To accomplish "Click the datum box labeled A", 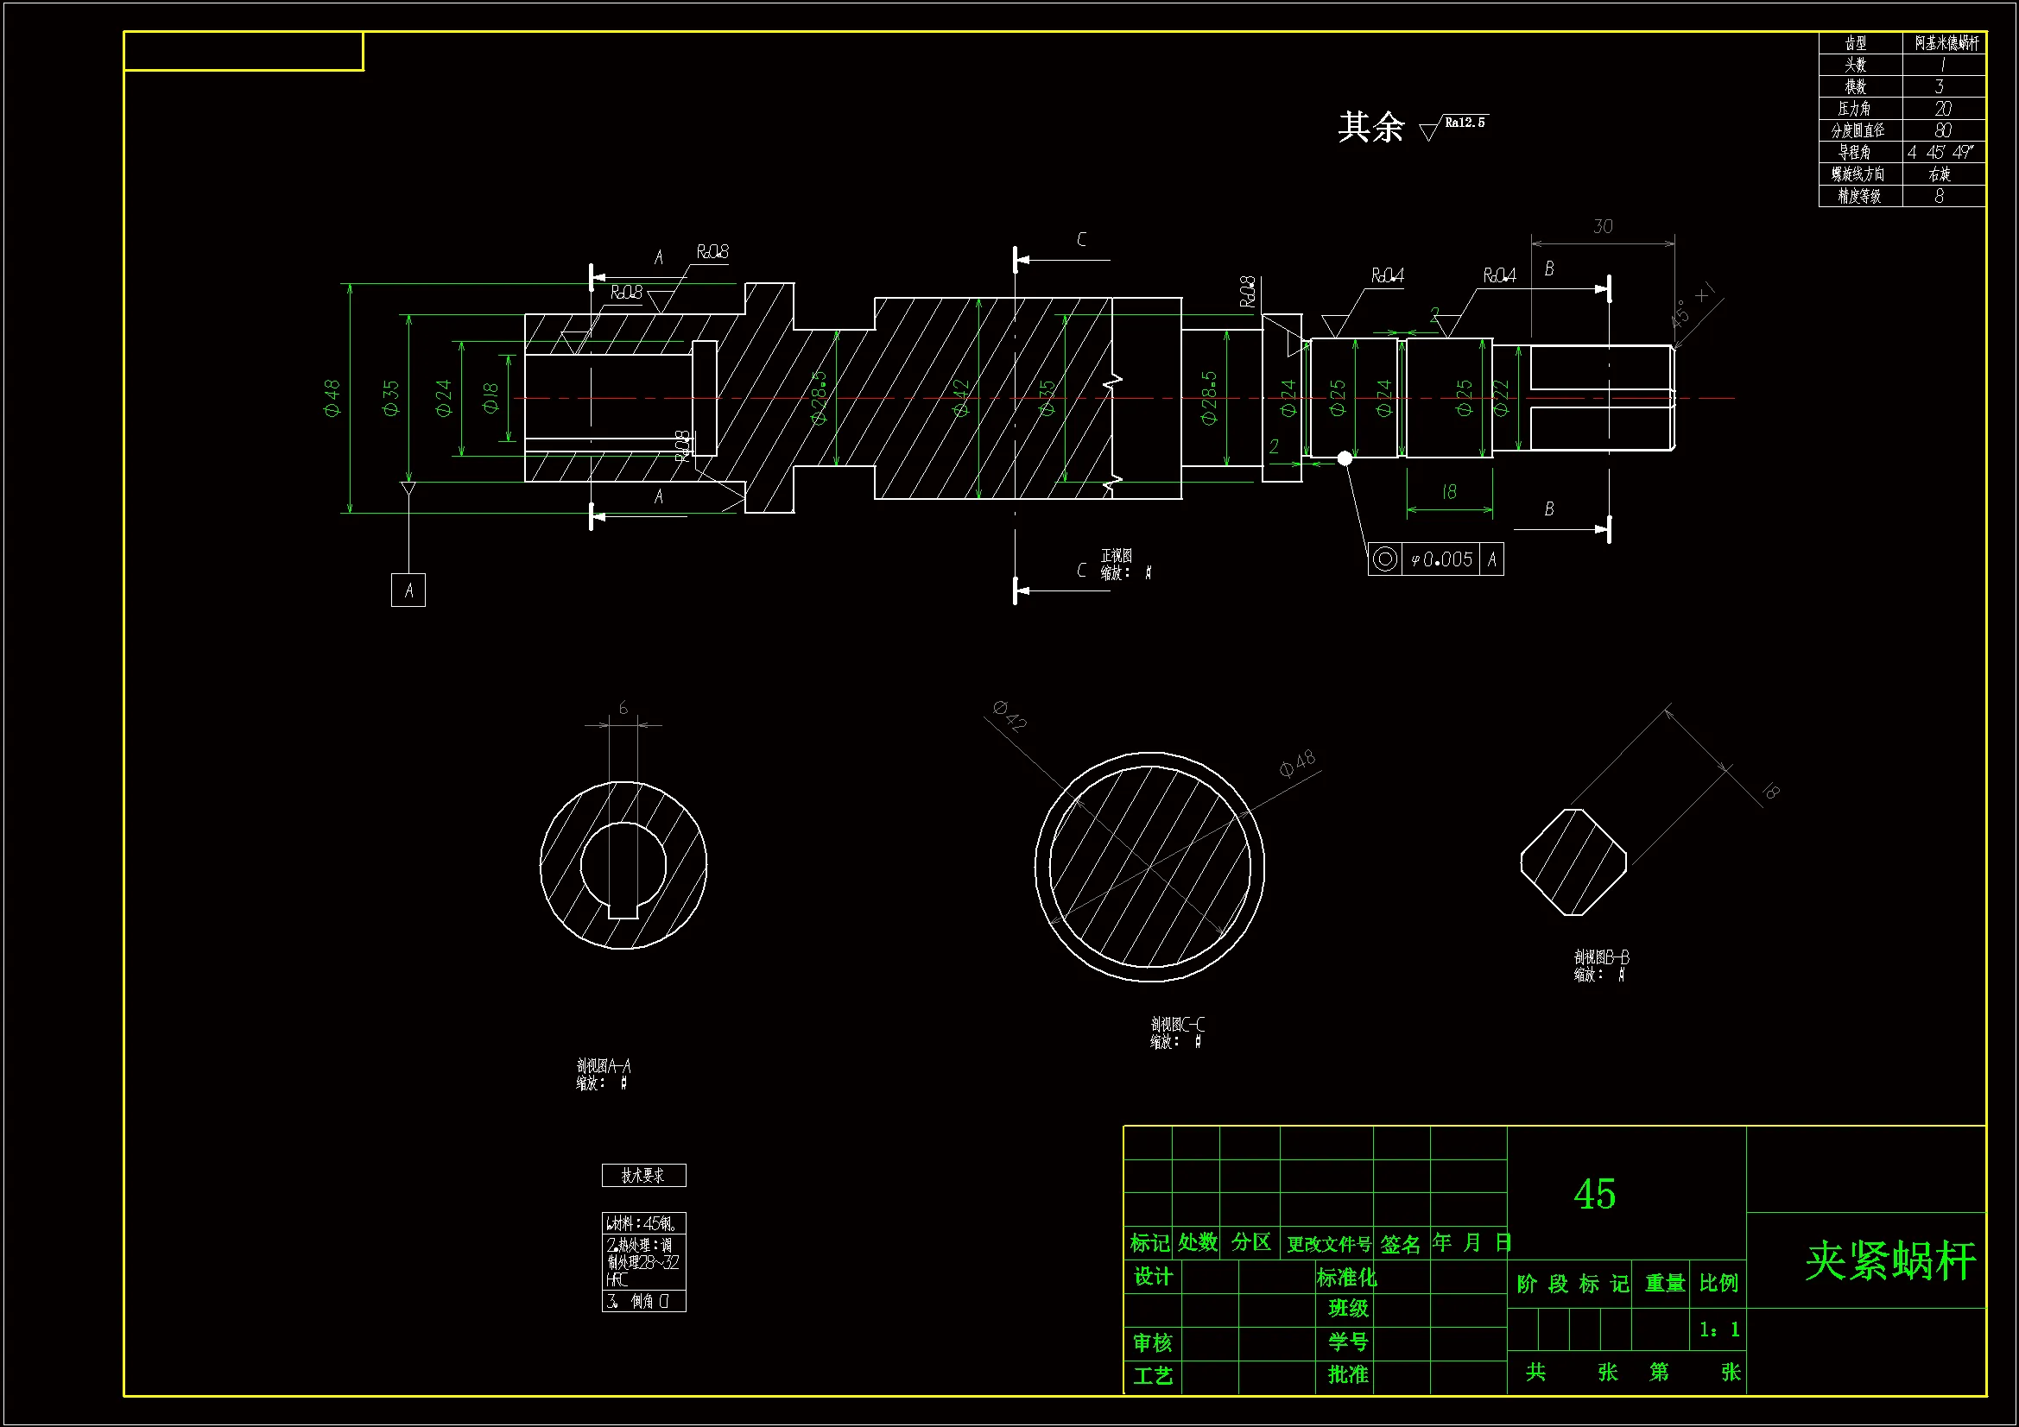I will pyautogui.click(x=408, y=590).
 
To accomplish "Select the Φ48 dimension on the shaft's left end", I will pyautogui.click(x=332, y=398).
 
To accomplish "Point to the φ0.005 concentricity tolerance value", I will pyautogui.click(x=1441, y=559).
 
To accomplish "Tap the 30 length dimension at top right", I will pyautogui.click(x=1602, y=227).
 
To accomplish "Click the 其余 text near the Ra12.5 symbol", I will pyautogui.click(x=1371, y=128).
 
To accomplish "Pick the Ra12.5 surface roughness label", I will pyautogui.click(x=1464, y=123).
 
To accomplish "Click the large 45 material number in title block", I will pyautogui.click(x=1594, y=1194).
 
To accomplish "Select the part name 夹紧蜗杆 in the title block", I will pyautogui.click(x=1890, y=1261).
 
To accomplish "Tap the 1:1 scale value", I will pyautogui.click(x=1719, y=1329).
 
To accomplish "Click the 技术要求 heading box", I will pyautogui.click(x=643, y=1176).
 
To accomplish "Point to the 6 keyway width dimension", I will pyautogui.click(x=623, y=708).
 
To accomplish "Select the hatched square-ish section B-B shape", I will pyautogui.click(x=1573, y=862).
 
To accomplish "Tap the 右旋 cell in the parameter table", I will pyautogui.click(x=1940, y=174).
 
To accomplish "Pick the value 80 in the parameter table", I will pyautogui.click(x=1942, y=130).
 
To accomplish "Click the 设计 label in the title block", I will pyautogui.click(x=1153, y=1277).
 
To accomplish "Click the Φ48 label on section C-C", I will pyautogui.click(x=1297, y=763).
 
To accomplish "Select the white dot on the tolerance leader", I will pyautogui.click(x=1345, y=458).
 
